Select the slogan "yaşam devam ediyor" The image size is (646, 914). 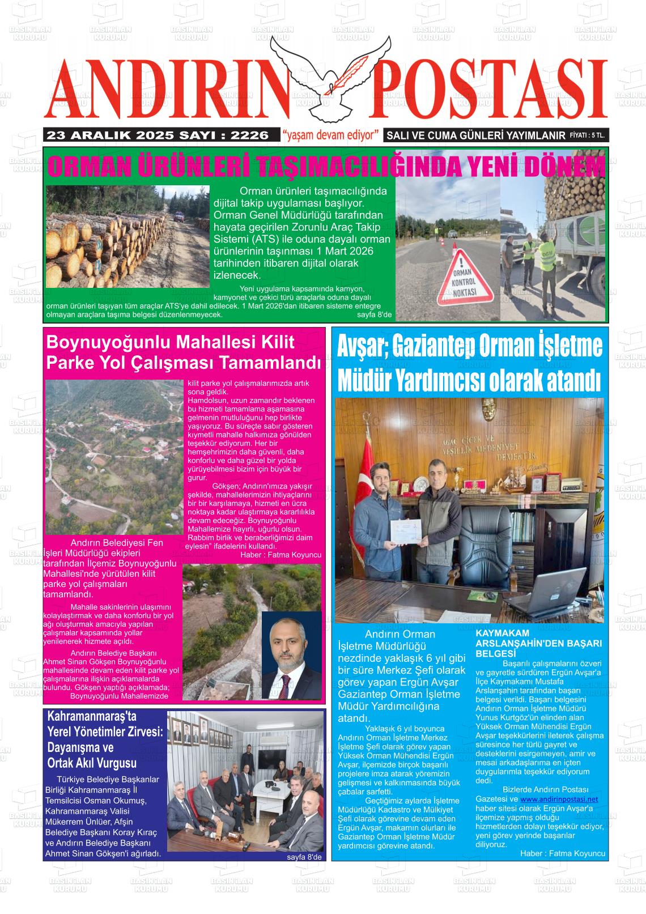331,135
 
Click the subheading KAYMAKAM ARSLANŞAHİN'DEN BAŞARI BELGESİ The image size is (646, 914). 538,643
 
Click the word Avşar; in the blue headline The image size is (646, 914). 360,346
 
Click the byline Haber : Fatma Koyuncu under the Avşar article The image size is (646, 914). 562,853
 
